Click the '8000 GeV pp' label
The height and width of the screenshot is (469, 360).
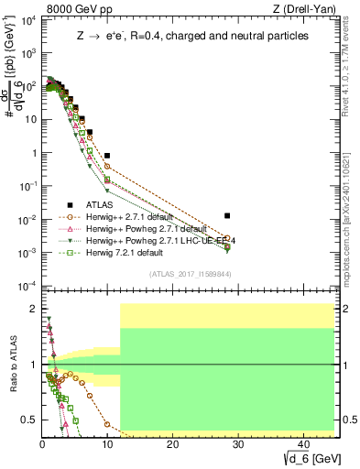click(75, 10)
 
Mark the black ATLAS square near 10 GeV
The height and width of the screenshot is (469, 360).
click(107, 156)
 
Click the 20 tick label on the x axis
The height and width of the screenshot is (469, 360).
click(172, 445)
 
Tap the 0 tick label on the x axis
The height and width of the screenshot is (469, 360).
click(42, 445)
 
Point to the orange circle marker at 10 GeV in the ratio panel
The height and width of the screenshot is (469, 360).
click(107, 425)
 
